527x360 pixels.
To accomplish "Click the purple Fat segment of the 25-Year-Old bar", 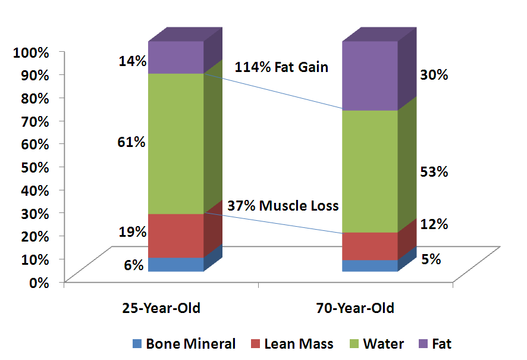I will [176, 57].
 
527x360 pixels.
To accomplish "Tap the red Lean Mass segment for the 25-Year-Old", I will [176, 236].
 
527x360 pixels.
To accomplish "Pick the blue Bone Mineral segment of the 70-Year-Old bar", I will [369, 265].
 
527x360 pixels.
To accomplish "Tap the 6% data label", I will [134, 265].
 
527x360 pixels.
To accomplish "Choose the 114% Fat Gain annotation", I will [281, 67].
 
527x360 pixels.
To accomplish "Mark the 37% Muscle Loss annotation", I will [283, 206].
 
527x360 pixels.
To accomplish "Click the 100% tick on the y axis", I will [30, 52].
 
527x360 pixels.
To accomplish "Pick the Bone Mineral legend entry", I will [183, 344].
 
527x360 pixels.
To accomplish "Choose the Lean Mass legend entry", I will [291, 344].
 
